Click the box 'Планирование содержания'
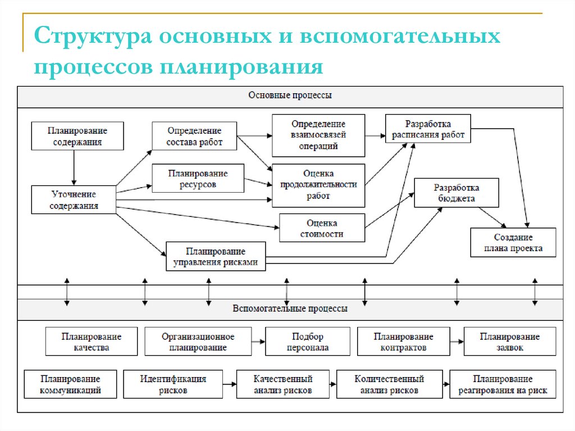77,136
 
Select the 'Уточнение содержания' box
74,199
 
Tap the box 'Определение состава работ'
194,136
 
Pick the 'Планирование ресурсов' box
198,178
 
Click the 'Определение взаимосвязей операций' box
318,135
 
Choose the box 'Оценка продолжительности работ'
318,185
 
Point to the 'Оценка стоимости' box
322,228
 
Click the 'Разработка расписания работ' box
428,129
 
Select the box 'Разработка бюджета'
456,193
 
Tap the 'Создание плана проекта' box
513,242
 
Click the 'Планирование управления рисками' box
216,256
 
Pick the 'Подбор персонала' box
307,342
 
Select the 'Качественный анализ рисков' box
282,384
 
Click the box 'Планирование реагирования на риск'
503,384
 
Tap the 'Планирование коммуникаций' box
70,384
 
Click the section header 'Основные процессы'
290,96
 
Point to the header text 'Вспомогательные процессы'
290,308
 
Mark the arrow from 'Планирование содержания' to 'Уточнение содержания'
74,167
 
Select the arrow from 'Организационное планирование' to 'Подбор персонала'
258,342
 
